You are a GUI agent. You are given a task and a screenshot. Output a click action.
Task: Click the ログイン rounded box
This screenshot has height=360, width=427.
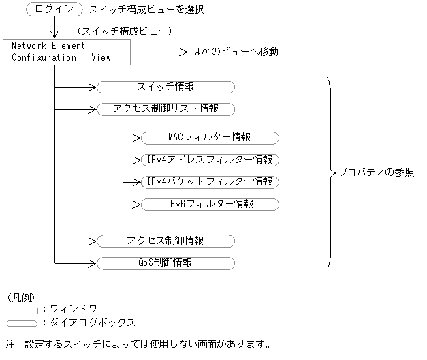coord(54,10)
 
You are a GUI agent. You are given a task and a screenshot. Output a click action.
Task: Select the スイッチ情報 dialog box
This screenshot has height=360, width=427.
coord(165,87)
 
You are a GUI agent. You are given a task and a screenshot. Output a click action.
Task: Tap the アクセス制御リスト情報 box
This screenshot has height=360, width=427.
coord(165,108)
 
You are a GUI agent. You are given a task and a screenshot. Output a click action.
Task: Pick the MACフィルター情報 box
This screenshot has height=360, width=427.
coord(210,137)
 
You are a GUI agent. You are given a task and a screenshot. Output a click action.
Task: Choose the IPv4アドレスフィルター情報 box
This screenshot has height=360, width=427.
coord(210,160)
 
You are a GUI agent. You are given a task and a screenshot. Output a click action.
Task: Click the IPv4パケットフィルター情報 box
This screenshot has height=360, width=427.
coord(210,181)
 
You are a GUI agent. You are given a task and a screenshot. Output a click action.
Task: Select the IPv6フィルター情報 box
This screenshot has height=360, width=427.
coord(210,204)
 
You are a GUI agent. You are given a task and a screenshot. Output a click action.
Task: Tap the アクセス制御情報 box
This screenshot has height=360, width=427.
coord(165,241)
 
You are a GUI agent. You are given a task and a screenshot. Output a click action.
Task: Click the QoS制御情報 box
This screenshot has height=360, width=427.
coord(165,262)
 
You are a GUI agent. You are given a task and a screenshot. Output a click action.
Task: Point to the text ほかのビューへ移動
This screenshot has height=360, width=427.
coord(234,52)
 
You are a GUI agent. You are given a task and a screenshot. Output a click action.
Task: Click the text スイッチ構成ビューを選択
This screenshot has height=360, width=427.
coord(146,10)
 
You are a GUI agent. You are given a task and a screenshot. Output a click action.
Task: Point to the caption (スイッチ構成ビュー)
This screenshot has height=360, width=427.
coord(124,31)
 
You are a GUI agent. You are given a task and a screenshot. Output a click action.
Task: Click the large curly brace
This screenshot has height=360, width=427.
coord(331,172)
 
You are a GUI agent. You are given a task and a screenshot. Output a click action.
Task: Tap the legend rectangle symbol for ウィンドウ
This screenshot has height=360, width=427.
coord(22,310)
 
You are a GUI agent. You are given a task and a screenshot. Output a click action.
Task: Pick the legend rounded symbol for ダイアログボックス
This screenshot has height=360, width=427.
coord(22,323)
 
